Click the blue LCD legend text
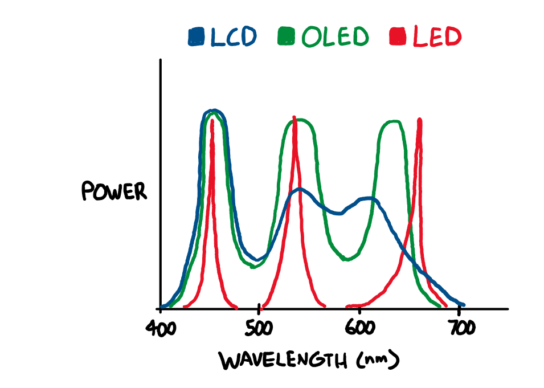point(234,37)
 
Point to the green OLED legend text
point(335,37)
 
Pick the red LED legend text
point(436,37)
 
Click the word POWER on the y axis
point(114,191)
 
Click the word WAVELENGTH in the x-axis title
point(283,361)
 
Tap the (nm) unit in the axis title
point(375,361)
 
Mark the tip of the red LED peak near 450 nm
point(212,120)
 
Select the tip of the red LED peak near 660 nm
point(420,120)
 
